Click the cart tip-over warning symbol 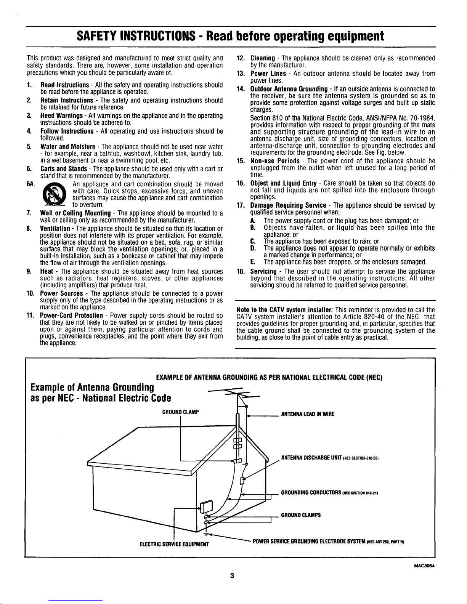click(54, 194)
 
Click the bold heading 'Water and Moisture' click(68, 146)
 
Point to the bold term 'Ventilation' click(55, 229)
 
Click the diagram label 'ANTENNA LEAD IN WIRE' click(308, 414)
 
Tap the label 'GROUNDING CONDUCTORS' click(311, 493)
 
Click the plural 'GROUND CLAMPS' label click(301, 515)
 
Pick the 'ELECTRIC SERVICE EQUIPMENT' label click(174, 544)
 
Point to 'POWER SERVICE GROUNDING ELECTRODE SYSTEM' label click(309, 541)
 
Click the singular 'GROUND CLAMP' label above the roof click(180, 412)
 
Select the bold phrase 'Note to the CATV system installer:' click(285, 310)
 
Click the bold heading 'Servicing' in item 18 click(263, 271)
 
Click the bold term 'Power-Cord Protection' click(71, 316)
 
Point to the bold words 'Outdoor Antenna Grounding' click(289, 89)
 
